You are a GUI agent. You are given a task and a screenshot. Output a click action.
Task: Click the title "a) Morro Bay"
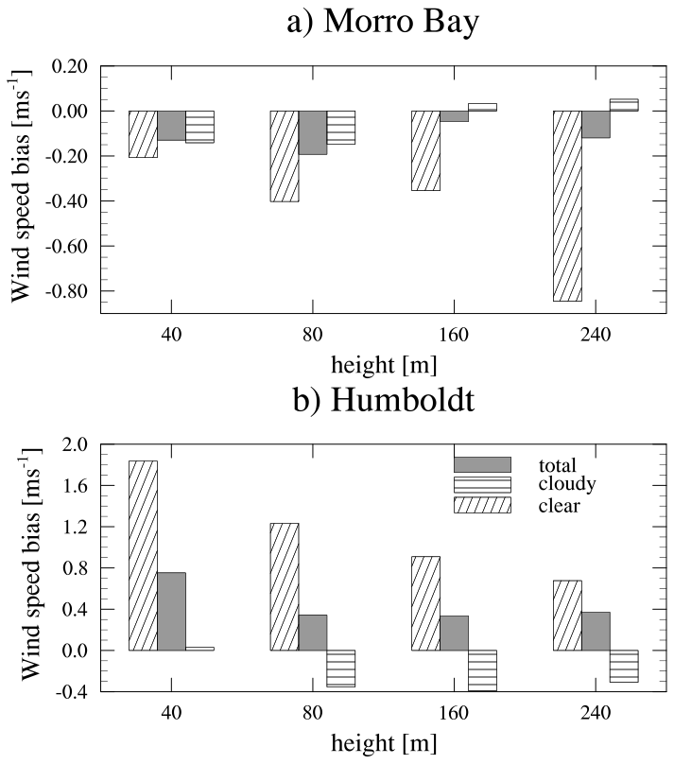[383, 21]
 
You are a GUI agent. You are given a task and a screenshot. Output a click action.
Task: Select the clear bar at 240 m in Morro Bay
[567, 205]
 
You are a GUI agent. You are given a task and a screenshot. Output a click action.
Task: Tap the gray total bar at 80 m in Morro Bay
[313, 132]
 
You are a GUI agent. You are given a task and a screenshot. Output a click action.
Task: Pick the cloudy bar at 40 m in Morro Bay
[199, 127]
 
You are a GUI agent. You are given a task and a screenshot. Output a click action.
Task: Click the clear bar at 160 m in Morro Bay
[425, 150]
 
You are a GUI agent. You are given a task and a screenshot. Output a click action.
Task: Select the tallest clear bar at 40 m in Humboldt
[143, 555]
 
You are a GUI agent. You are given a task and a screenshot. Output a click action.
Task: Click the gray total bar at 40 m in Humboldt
[171, 611]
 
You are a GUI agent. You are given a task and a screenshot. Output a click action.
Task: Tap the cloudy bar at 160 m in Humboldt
[482, 670]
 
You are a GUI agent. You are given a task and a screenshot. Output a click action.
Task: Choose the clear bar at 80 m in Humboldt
[285, 586]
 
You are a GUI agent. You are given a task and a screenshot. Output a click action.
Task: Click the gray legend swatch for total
[482, 464]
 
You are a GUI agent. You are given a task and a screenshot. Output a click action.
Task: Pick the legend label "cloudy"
[566, 485]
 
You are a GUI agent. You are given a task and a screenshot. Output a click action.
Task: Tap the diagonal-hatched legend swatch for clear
[482, 506]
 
